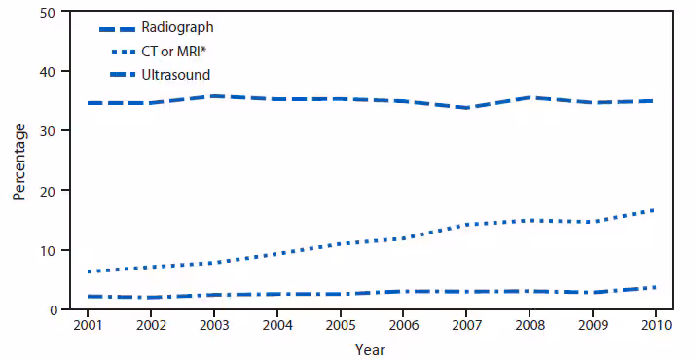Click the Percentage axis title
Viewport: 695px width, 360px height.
[19, 161]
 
